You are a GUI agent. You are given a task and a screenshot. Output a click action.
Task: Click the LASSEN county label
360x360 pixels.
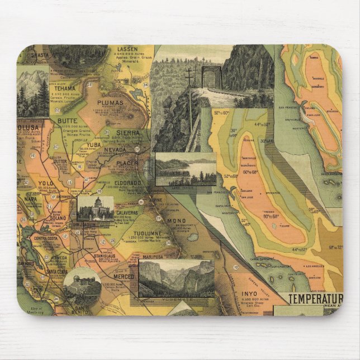(129, 50)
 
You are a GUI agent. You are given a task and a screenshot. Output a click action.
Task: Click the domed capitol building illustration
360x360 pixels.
(96, 207)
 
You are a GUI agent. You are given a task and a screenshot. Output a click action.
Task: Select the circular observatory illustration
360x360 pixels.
(82, 286)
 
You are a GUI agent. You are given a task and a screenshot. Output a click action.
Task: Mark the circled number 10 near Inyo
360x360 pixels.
(236, 267)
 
